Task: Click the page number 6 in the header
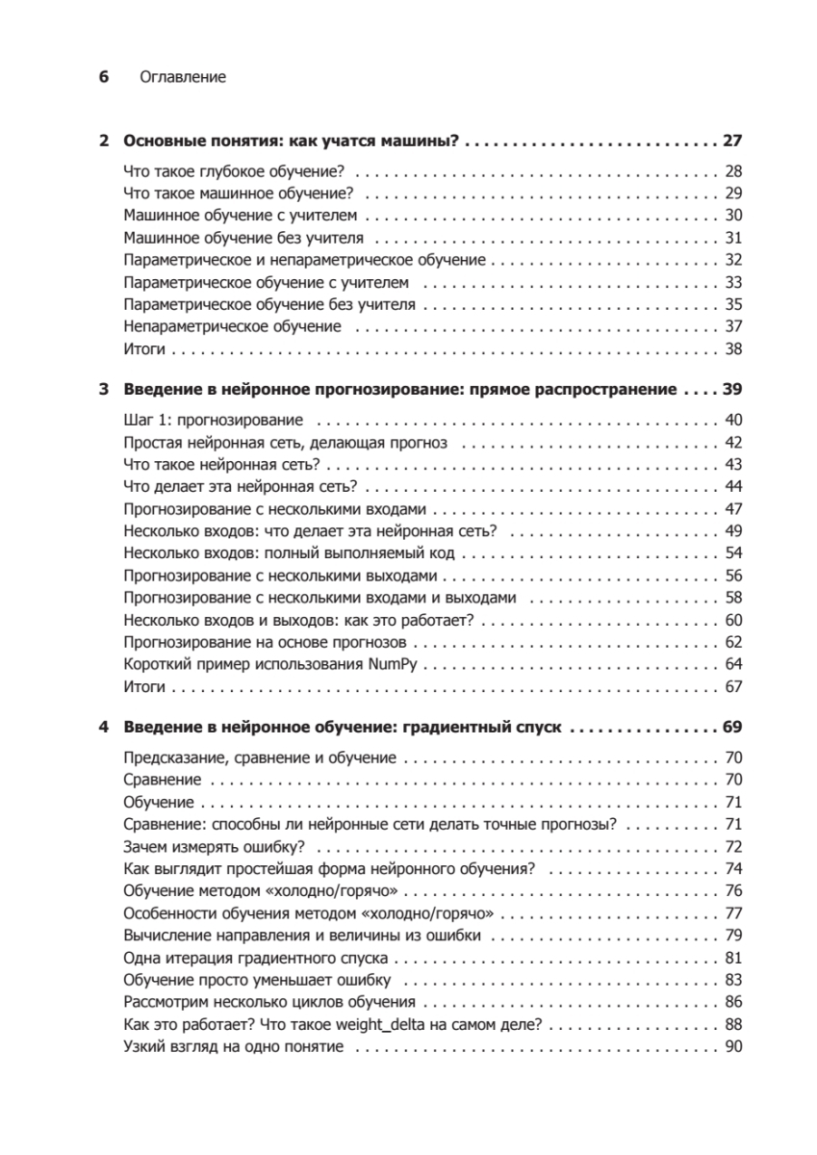105,77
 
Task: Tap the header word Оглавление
183,77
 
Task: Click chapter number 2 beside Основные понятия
105,141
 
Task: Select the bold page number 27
732,141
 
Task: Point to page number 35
734,304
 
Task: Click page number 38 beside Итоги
734,348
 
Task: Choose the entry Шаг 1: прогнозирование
215,422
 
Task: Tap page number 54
734,553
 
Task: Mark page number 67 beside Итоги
734,686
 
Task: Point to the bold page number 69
732,728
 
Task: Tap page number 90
734,1045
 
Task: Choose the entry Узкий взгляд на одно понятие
235,1045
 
